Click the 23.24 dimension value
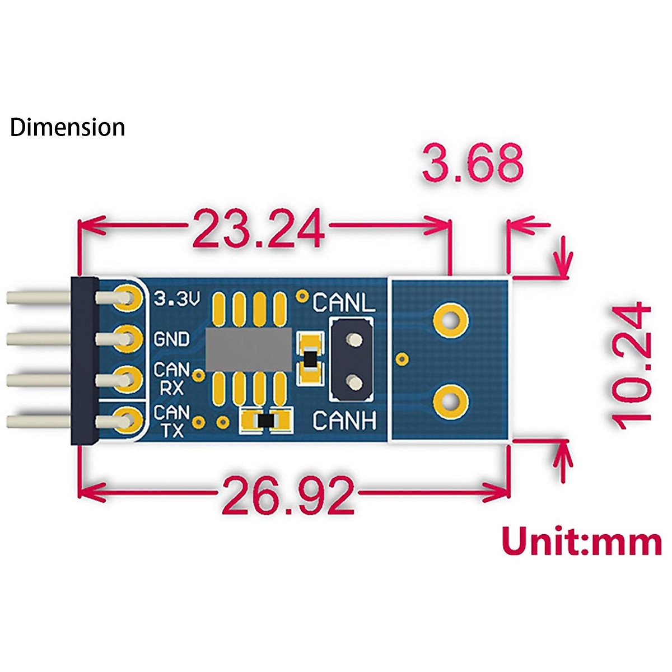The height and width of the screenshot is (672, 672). [x=258, y=228]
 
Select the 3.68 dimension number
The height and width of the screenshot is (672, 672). [x=473, y=163]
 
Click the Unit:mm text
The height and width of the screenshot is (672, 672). [x=581, y=542]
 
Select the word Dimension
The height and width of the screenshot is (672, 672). [x=67, y=127]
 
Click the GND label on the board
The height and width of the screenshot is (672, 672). [x=171, y=339]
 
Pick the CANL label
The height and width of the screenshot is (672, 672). [x=344, y=303]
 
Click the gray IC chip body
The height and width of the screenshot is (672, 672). [x=249, y=350]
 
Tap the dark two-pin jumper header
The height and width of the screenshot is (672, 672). [x=352, y=360]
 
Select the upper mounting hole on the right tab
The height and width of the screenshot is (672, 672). [x=450, y=320]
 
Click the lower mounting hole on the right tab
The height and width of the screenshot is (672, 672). [x=450, y=400]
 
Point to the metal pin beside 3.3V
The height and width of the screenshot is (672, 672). [x=39, y=297]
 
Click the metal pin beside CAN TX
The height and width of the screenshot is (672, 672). [x=39, y=421]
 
